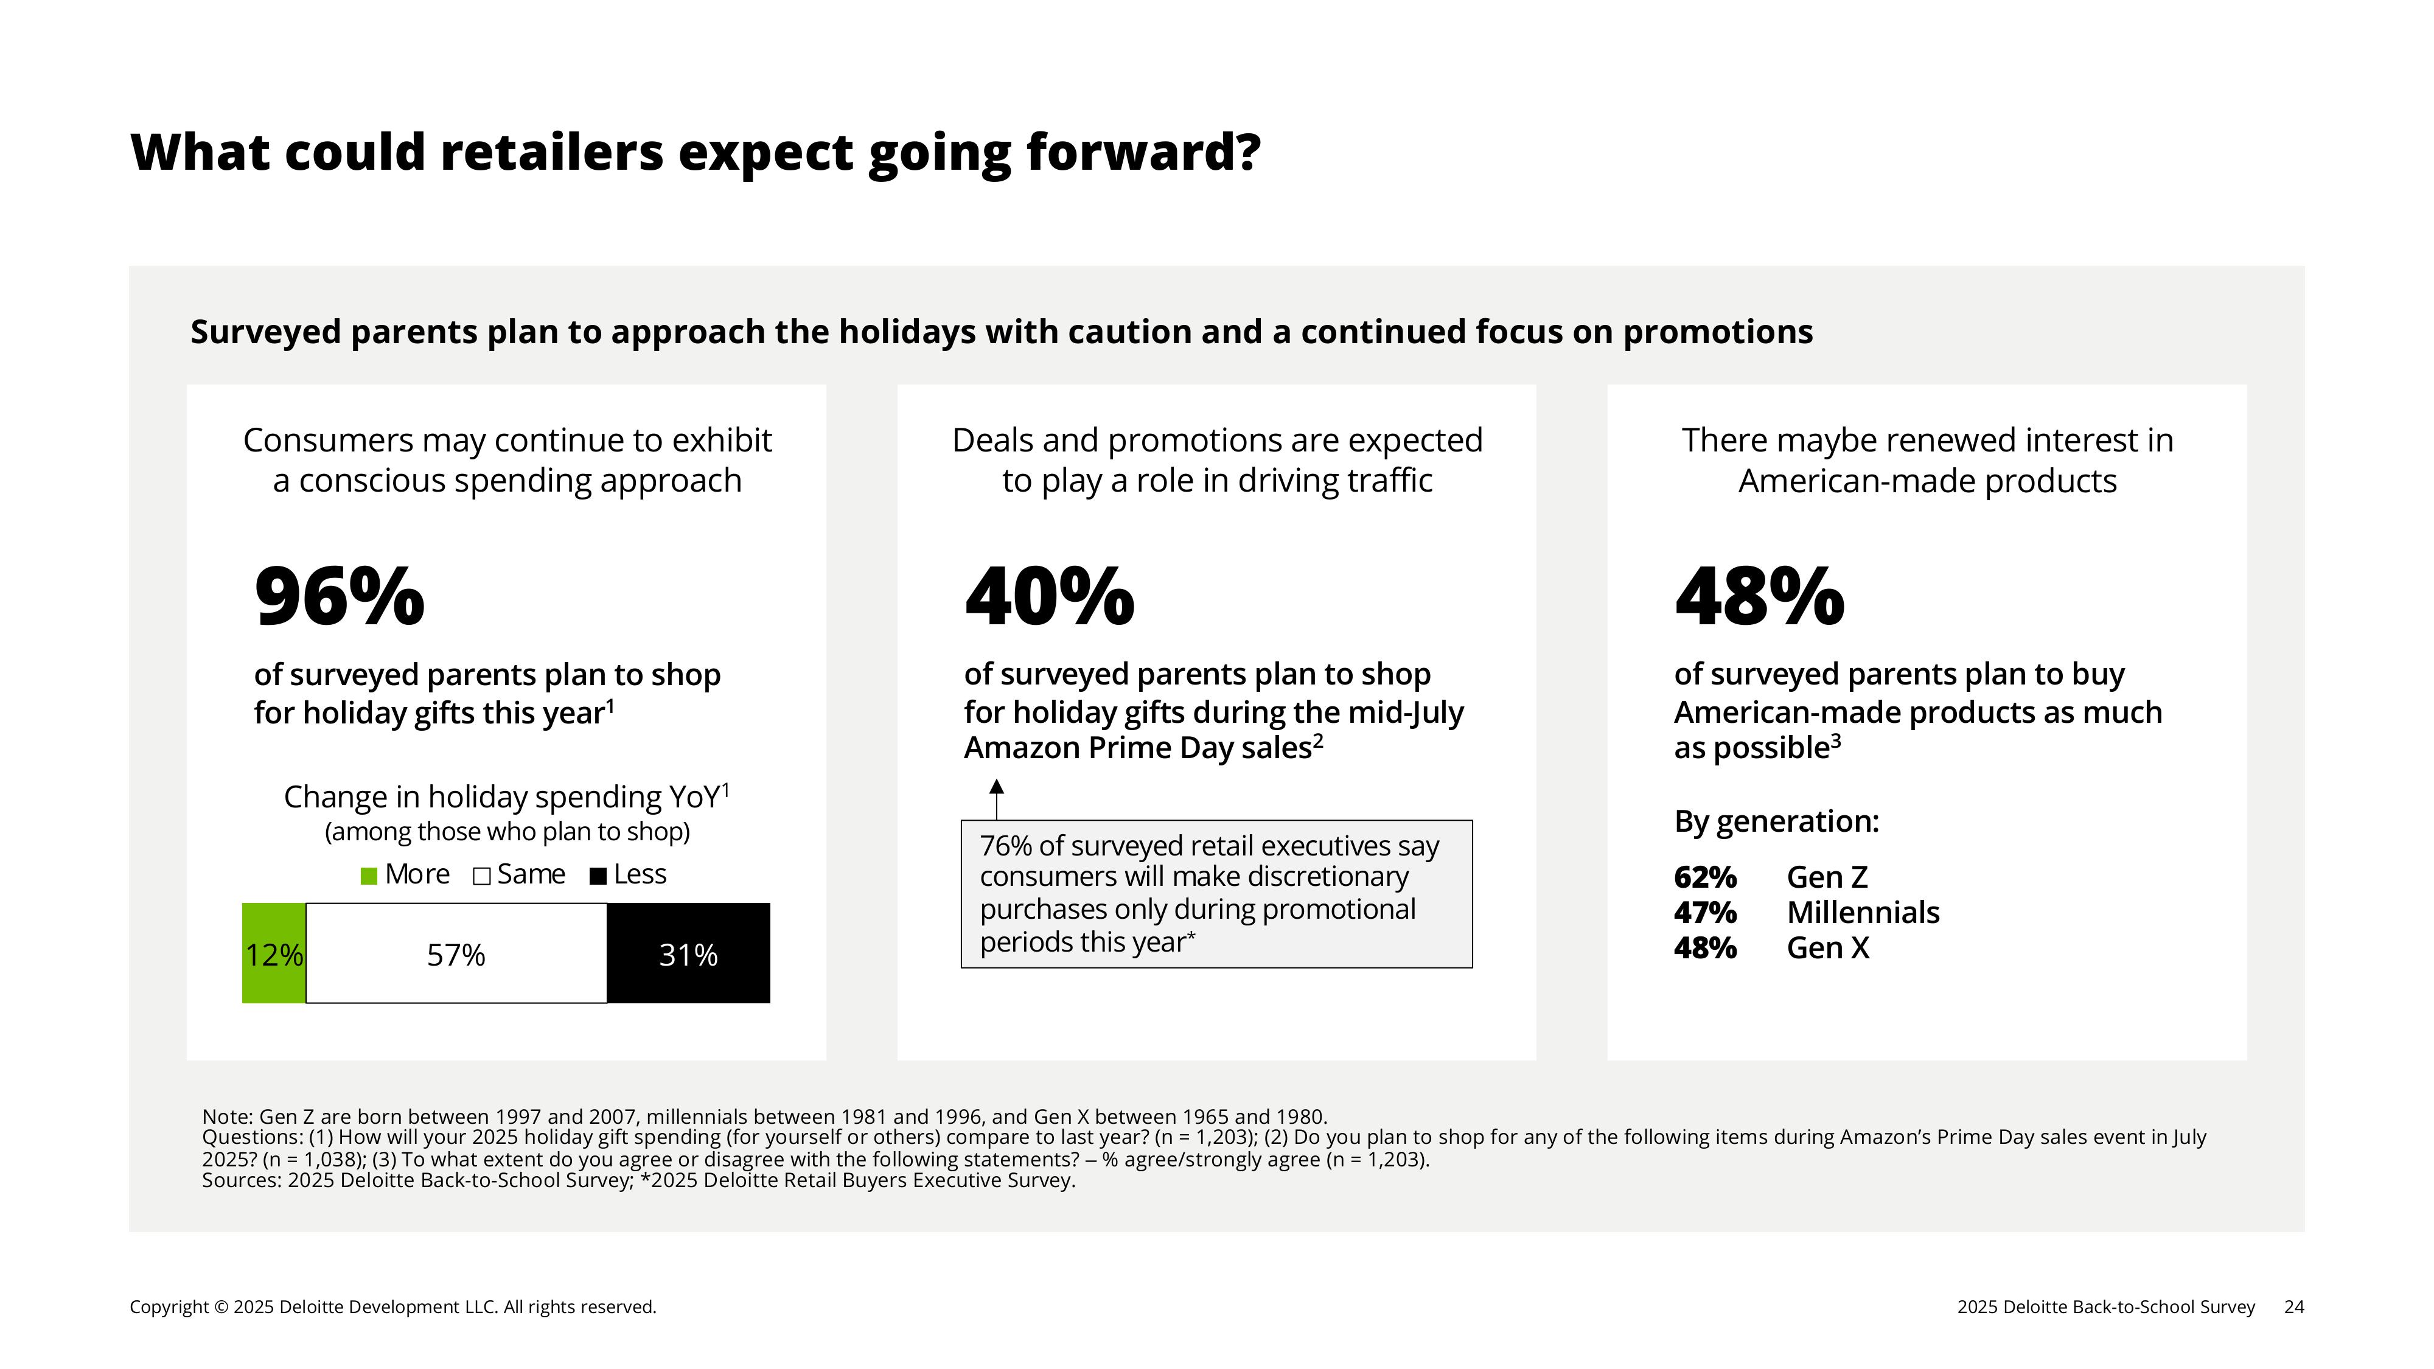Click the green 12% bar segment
[x=274, y=954]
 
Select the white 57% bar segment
[x=456, y=954]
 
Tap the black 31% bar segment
[x=688, y=954]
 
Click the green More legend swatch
[x=369, y=876]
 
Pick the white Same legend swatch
[x=482, y=876]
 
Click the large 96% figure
[x=339, y=596]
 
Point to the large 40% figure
[x=1049, y=596]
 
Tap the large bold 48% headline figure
[x=1759, y=596]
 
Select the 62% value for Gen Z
[x=1704, y=878]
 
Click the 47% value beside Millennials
[x=1704, y=913]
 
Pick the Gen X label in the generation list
[x=1827, y=947]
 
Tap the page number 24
[x=2293, y=1307]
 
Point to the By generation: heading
[x=1776, y=821]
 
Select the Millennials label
[x=1863, y=913]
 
